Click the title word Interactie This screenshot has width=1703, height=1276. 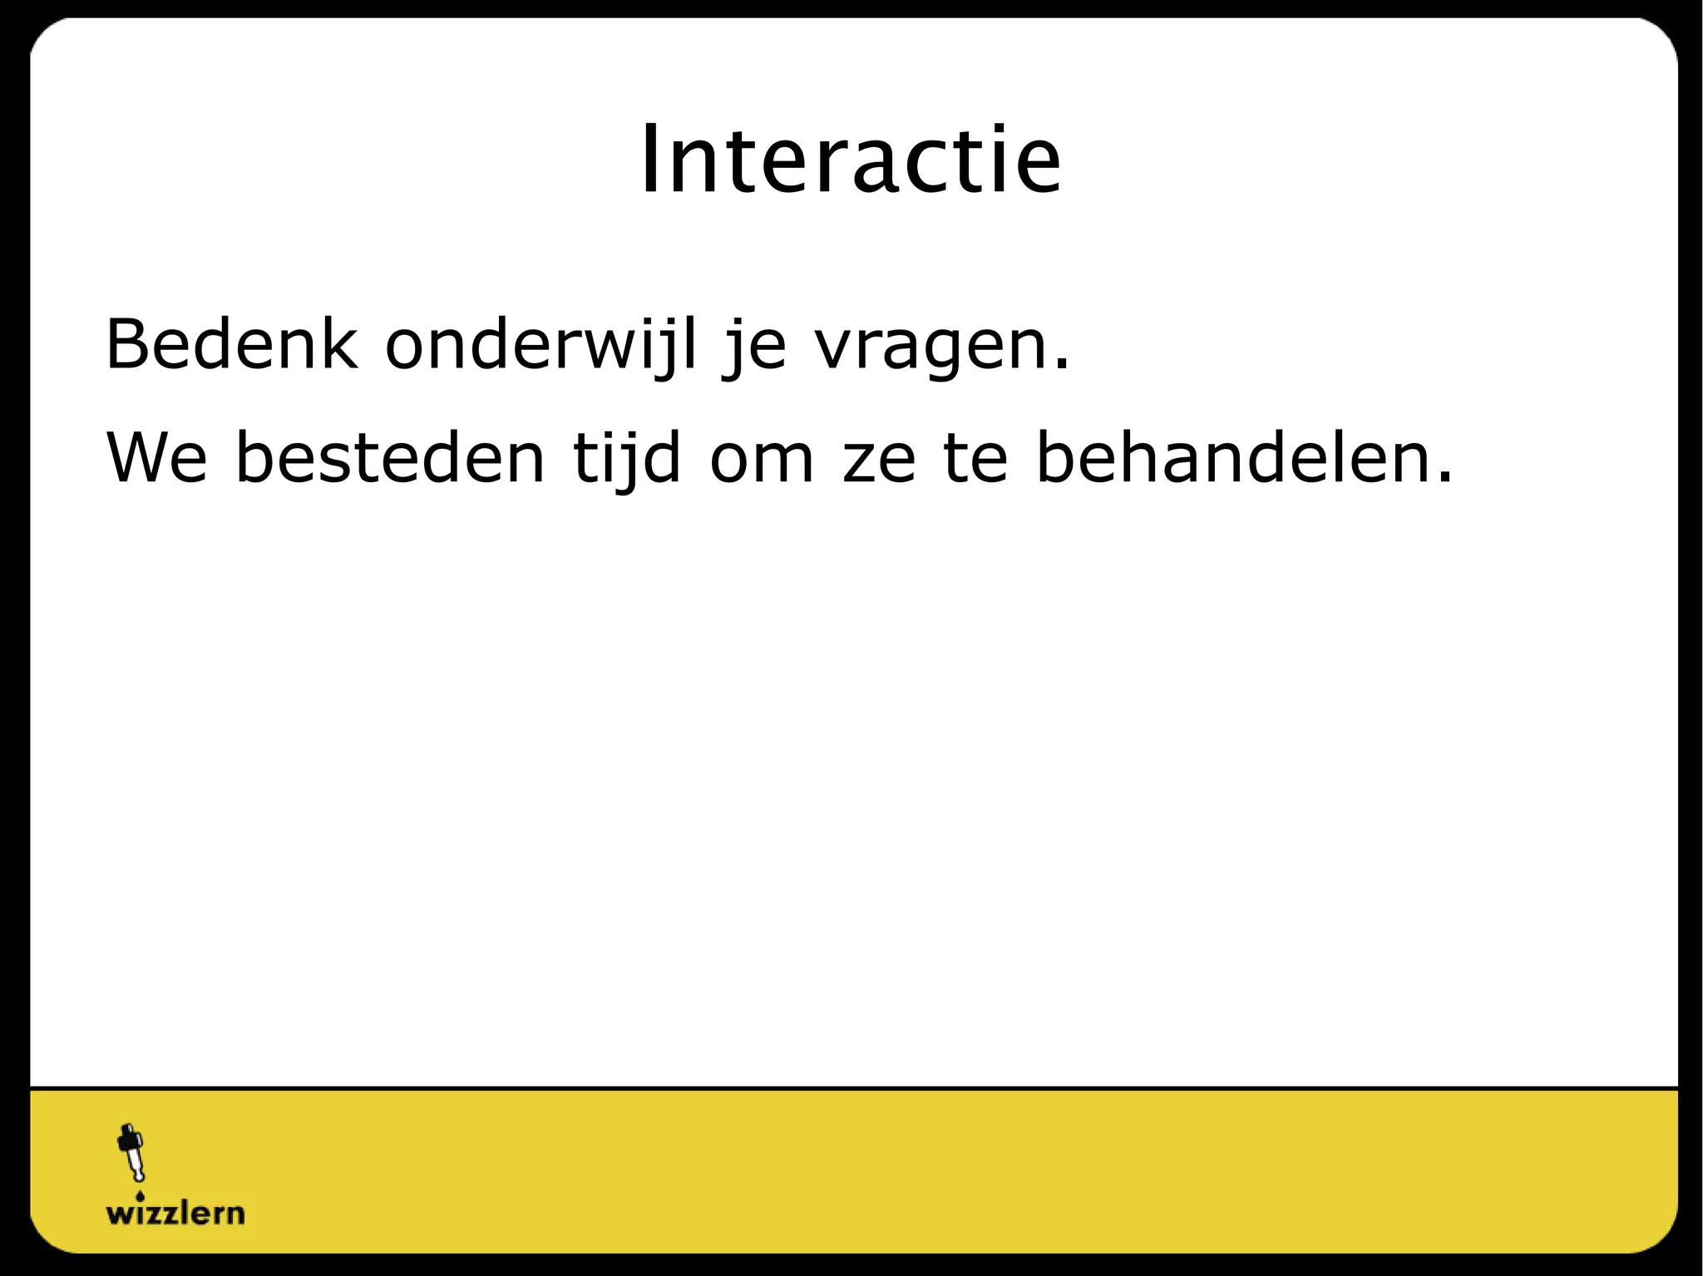[850, 160]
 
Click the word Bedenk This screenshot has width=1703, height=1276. [232, 343]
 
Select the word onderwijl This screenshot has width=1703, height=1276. [541, 345]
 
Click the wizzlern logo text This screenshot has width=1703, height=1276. [175, 1213]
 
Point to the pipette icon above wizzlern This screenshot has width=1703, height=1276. [131, 1153]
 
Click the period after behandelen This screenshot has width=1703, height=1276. [1445, 478]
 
